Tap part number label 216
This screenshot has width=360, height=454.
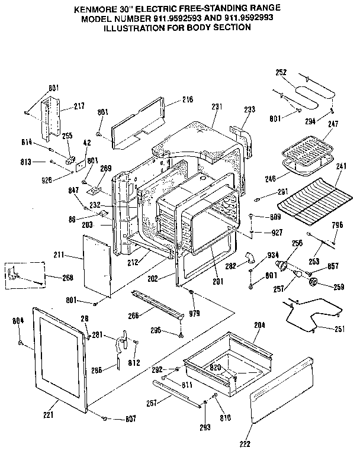coord(187,100)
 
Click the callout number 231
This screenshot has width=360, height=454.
coord(217,107)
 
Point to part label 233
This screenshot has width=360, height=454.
coord(249,109)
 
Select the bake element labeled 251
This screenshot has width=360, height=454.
coord(314,314)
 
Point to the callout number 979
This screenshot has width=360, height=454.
coord(194,312)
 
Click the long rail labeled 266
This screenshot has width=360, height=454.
coord(157,303)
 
